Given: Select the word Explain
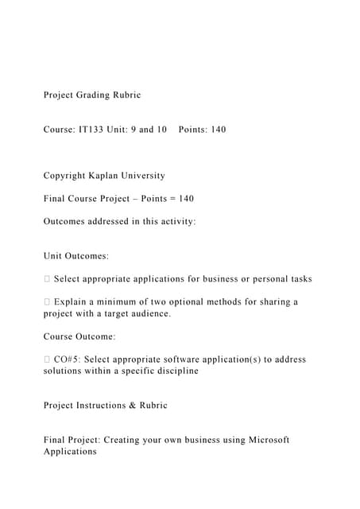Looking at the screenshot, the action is pos(70,302).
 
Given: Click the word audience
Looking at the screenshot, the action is pos(149,314).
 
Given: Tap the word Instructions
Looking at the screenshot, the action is pos(101,406).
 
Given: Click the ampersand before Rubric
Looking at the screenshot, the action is pos(132,406).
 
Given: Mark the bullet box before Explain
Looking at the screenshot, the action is pos(47,302).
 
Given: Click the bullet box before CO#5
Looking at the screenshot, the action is pos(47,359).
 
